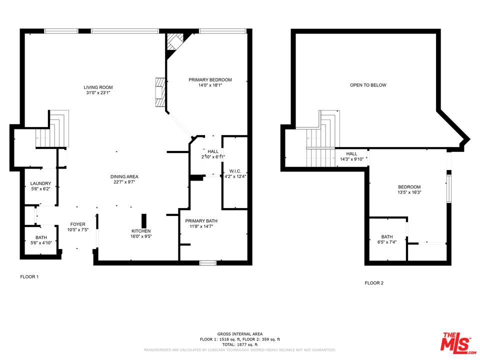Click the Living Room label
coord(98,87)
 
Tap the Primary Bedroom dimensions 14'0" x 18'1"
coord(210,85)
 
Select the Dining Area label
coord(124,176)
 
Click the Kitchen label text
coord(141,231)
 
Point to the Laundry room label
coord(40,183)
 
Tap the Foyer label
coord(77,224)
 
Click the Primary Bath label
coord(201,220)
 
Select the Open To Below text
coord(367,85)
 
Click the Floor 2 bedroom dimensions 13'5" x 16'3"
coord(409,192)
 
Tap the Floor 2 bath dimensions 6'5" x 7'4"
coord(386,242)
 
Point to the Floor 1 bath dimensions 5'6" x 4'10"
coord(40,242)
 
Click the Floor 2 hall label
coord(351,154)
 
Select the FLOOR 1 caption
coord(29,276)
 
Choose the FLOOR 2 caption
coord(373,283)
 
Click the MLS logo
coord(455,341)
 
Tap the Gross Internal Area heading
coord(239,334)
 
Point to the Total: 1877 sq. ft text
coord(239,344)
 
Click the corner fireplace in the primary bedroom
coord(175,42)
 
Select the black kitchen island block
coord(144,220)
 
